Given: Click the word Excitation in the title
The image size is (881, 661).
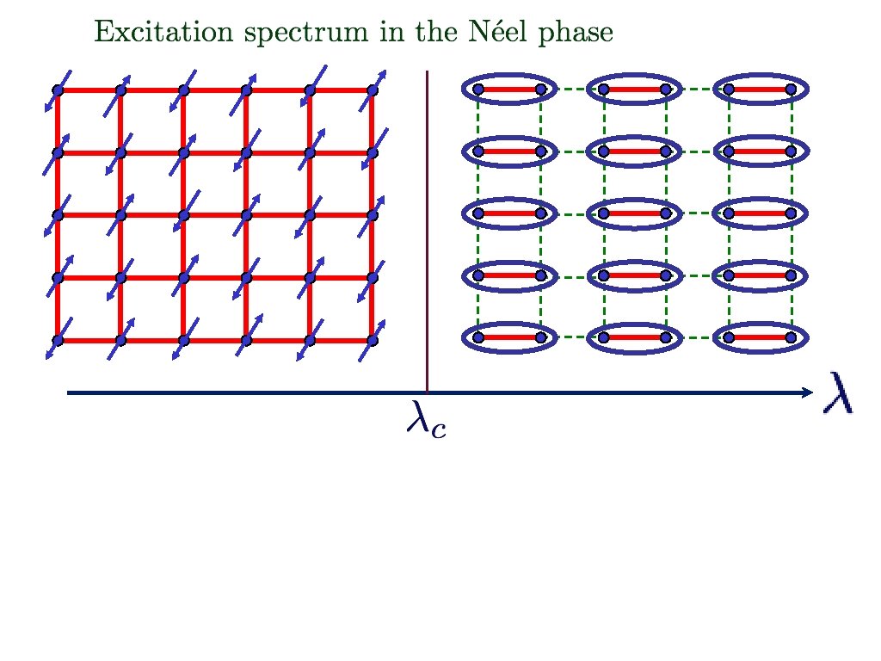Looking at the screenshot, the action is click(163, 31).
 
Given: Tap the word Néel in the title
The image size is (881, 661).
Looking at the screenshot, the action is click(498, 31).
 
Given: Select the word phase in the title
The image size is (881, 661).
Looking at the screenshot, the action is click(576, 33).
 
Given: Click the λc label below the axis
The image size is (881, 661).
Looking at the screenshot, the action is click(427, 419).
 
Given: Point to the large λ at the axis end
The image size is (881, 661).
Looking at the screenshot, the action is click(838, 392).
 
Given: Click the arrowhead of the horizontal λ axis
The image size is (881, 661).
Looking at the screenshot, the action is click(807, 392).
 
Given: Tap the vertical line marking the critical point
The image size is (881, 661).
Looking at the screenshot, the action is click(427, 231).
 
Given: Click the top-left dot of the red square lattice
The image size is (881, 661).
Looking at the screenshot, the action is click(58, 90).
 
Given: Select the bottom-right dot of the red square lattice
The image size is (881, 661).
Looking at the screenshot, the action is click(372, 340).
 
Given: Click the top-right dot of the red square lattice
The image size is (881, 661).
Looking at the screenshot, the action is click(372, 90).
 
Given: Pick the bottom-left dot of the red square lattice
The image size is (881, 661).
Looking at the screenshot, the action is click(58, 340).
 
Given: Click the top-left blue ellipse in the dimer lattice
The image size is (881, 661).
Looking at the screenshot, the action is click(509, 75).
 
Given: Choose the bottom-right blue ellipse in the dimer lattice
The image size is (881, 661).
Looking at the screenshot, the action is click(761, 324).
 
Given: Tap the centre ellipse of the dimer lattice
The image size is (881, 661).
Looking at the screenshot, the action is click(634, 200).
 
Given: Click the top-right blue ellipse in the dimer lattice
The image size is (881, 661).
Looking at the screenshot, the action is click(761, 75).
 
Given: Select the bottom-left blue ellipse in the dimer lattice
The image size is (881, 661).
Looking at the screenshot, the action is click(509, 324).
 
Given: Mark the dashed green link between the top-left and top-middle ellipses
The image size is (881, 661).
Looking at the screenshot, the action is click(572, 89).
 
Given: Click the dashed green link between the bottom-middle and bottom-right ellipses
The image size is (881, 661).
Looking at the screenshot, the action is click(698, 337).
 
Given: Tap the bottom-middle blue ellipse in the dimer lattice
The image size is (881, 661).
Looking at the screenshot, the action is click(634, 324).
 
